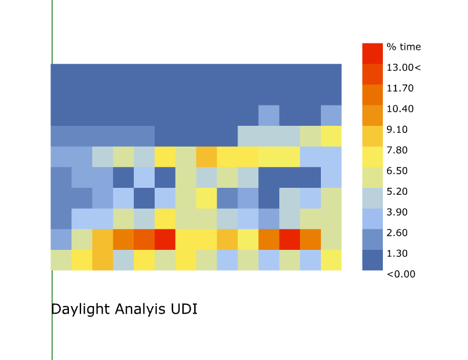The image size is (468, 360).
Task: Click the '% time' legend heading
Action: (404, 47)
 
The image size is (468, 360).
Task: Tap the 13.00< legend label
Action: (404, 67)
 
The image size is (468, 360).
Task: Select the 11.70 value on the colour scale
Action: (400, 88)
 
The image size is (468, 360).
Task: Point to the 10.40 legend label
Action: (400, 109)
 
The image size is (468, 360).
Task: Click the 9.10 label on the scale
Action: (397, 129)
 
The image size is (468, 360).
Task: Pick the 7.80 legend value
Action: (397, 150)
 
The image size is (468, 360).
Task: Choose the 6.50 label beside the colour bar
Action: (397, 170)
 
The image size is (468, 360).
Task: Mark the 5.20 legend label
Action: (397, 191)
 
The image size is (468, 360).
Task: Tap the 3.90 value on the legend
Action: (397, 212)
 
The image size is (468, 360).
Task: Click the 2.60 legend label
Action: (397, 232)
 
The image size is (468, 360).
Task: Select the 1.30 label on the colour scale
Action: (397, 253)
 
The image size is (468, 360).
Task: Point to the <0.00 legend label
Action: (401, 274)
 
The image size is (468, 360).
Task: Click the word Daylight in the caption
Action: (81, 309)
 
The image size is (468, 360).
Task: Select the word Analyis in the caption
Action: (140, 309)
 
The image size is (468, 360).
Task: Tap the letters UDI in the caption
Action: (184, 309)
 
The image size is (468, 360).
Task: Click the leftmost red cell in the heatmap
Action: (164, 239)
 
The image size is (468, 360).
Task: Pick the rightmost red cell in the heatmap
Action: (290, 239)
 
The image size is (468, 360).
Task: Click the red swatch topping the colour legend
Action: (372, 53)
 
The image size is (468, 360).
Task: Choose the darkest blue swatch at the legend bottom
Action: (372, 260)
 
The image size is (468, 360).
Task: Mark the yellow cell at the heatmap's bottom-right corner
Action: (331, 260)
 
